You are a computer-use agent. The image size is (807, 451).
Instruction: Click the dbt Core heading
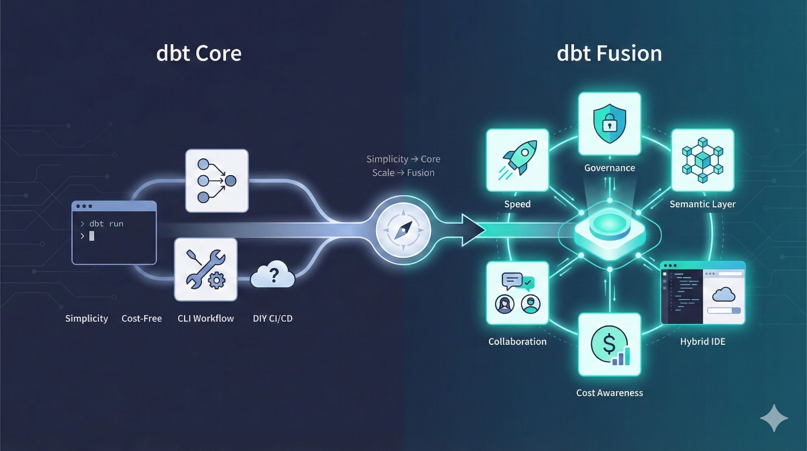click(199, 53)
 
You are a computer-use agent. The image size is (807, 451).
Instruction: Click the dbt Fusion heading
click(609, 53)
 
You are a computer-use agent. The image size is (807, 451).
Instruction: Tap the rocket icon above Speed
click(518, 160)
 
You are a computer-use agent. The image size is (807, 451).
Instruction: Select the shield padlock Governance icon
click(610, 124)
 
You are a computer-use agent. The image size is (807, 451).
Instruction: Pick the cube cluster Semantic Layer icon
click(702, 160)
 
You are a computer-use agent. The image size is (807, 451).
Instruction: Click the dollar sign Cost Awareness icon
click(610, 345)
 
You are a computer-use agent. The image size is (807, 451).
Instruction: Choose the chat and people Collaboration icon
click(518, 293)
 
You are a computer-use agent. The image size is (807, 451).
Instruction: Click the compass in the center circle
click(403, 230)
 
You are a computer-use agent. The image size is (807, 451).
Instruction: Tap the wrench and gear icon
click(206, 269)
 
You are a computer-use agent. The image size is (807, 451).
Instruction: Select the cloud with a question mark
click(273, 275)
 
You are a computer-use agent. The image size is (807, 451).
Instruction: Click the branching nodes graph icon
click(217, 181)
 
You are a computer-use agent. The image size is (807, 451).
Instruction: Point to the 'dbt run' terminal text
click(106, 224)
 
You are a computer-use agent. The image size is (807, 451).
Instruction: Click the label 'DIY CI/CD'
click(273, 318)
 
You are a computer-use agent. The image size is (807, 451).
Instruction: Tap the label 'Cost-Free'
click(141, 318)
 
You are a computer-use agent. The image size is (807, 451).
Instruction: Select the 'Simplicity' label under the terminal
click(87, 318)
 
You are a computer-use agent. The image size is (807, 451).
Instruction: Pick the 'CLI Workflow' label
click(206, 318)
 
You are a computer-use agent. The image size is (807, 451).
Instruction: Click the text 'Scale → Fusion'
click(403, 173)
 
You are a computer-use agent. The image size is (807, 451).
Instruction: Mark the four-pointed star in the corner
click(774, 418)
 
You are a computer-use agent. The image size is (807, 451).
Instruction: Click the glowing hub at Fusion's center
click(610, 229)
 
